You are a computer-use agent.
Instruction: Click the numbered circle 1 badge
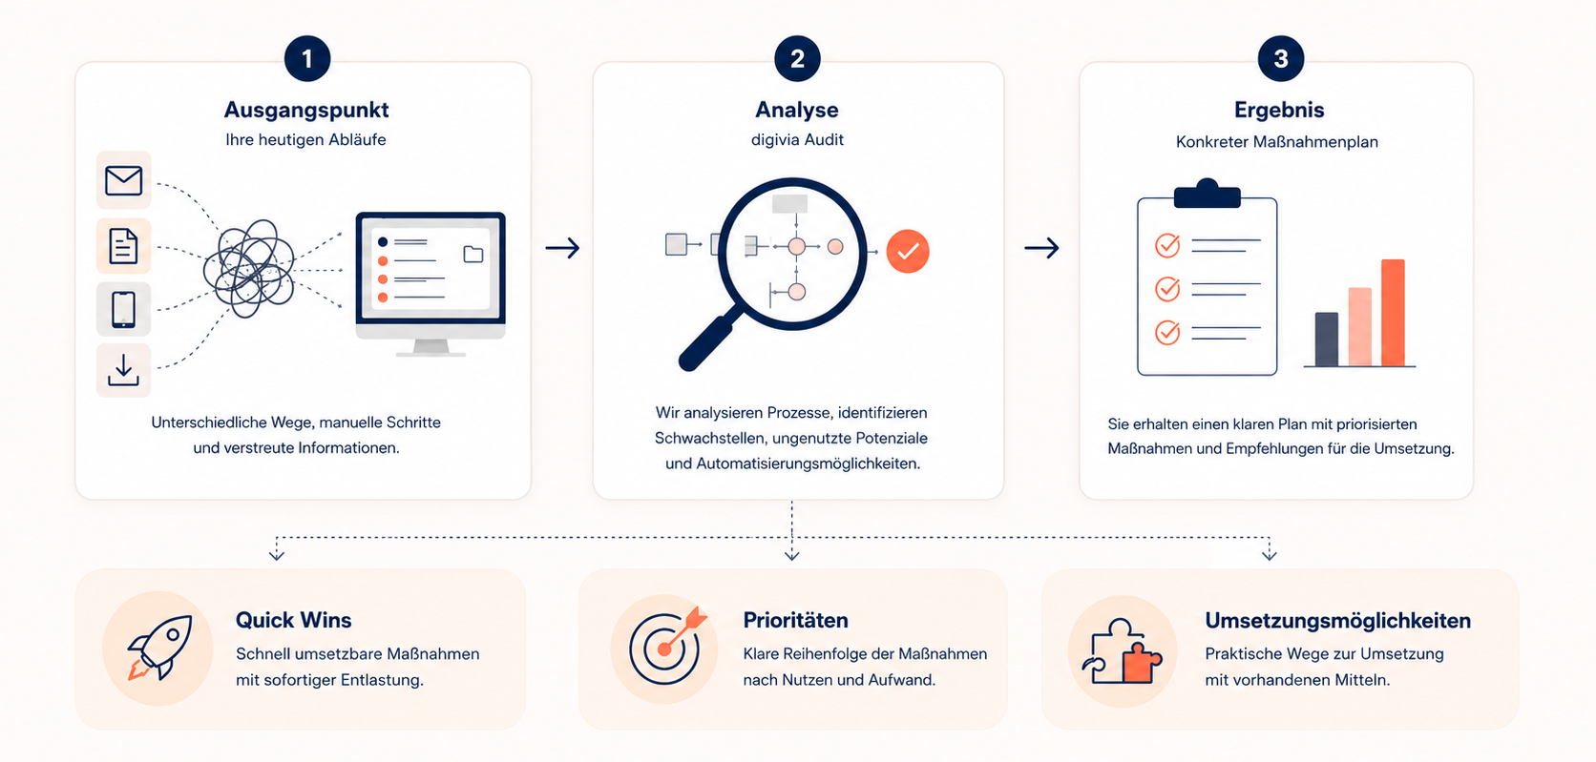coord(307,58)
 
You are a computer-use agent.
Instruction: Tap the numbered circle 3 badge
coord(1280,58)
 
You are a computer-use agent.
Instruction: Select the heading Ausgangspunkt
coord(306,110)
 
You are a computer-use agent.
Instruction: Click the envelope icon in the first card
coord(123,180)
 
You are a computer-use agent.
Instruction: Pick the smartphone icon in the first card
coord(123,309)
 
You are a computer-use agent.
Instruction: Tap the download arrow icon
coord(123,370)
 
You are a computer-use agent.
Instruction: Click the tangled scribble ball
coord(249,269)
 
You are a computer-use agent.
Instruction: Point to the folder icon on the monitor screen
coord(473,255)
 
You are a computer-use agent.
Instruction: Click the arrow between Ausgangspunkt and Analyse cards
coord(562,248)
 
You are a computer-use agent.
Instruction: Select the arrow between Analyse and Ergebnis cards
coord(1041,248)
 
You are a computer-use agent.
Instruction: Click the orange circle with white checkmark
coord(907,252)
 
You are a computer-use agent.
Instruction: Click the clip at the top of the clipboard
coord(1207,193)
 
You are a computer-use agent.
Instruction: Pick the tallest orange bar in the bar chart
coord(1393,313)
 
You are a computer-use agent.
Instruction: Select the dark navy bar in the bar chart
coord(1326,340)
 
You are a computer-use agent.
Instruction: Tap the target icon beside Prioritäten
coord(664,646)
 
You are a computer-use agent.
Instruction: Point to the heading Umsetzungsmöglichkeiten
coord(1337,620)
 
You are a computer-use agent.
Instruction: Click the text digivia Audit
coord(797,139)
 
